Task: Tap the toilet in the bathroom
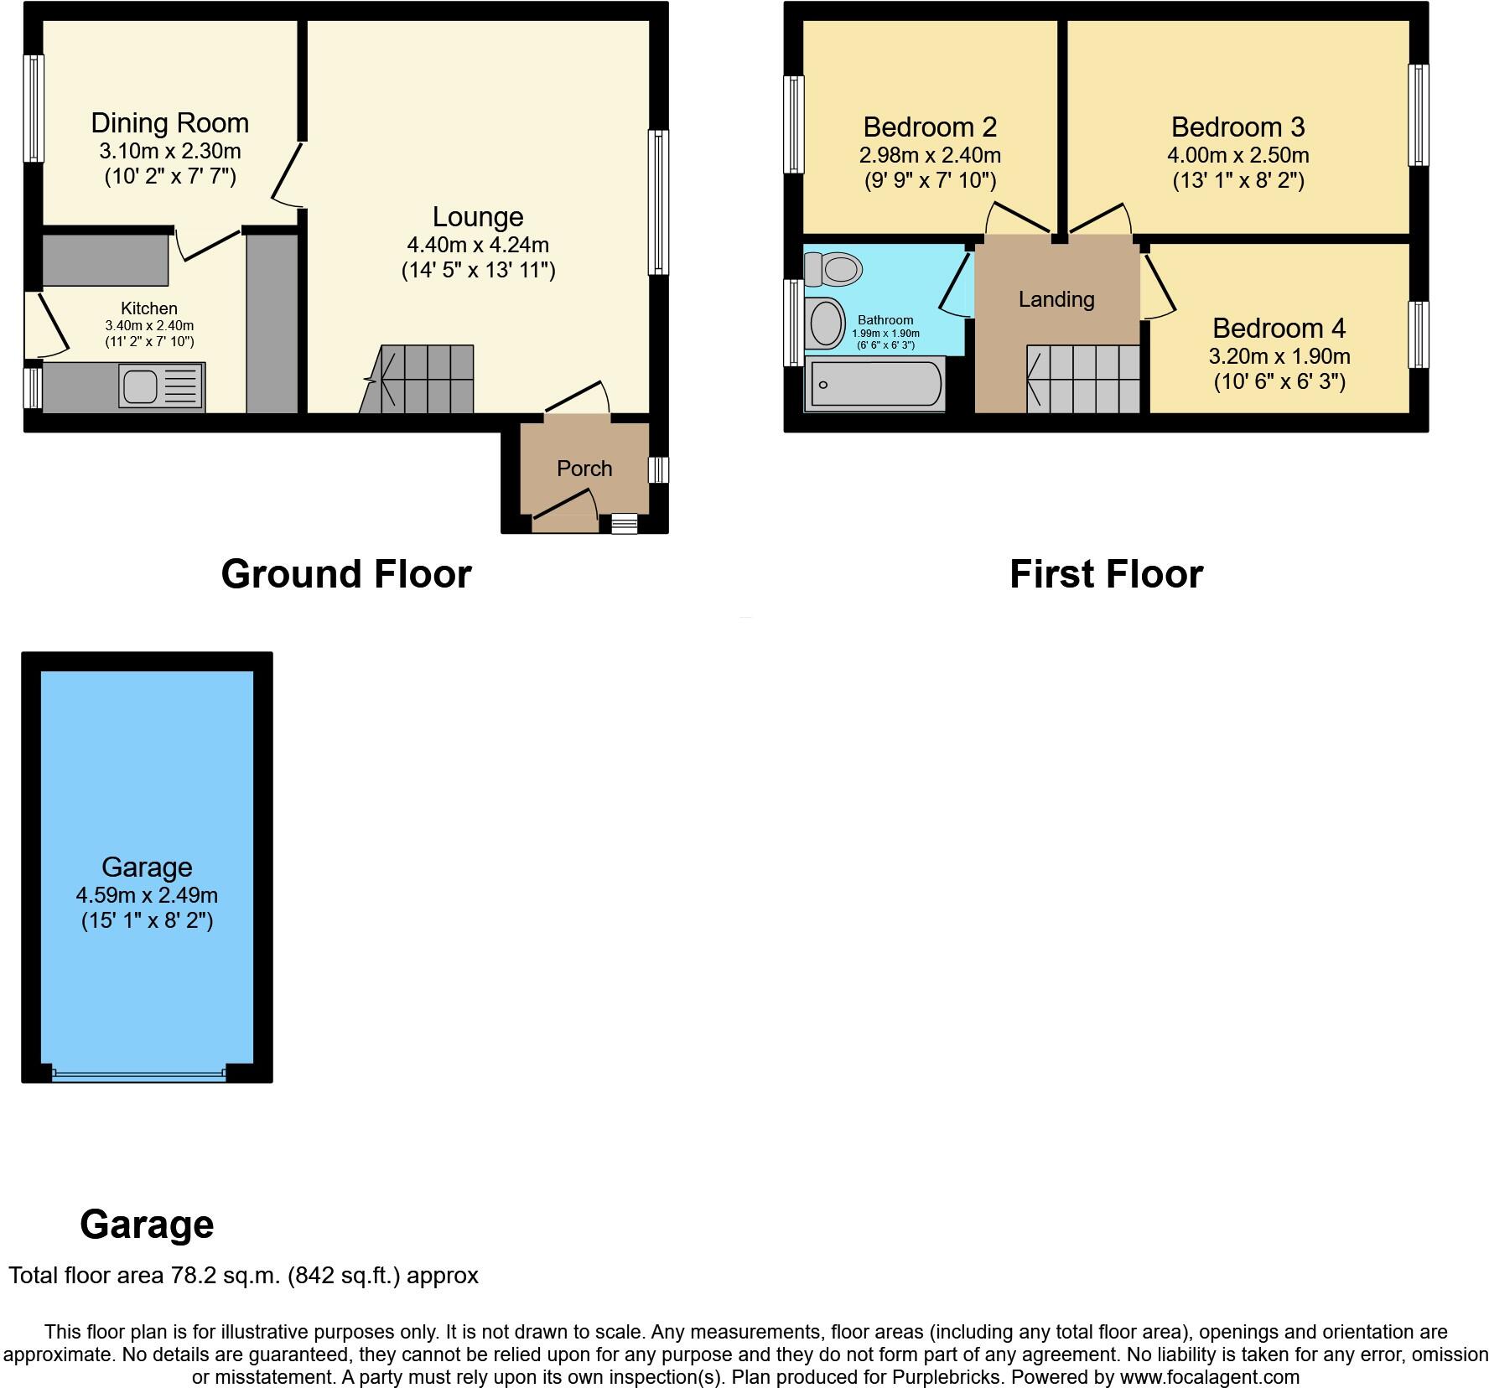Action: [x=833, y=269]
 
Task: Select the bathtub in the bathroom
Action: [x=874, y=385]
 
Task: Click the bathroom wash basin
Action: [x=826, y=324]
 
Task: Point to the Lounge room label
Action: [x=478, y=216]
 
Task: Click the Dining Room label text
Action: [x=169, y=123]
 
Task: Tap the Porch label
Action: [x=584, y=469]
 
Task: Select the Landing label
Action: [x=1056, y=299]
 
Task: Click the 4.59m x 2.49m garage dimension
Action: [x=147, y=894]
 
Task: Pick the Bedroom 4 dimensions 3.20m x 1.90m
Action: [x=1279, y=356]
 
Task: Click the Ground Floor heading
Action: [x=345, y=574]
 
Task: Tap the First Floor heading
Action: [x=1106, y=574]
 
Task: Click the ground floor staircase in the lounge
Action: [x=419, y=380]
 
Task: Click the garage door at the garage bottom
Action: [x=138, y=1074]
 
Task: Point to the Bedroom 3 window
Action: [x=1418, y=116]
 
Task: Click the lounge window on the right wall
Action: [x=659, y=202]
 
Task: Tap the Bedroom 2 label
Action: [x=930, y=127]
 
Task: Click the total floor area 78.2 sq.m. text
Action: [x=243, y=1276]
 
